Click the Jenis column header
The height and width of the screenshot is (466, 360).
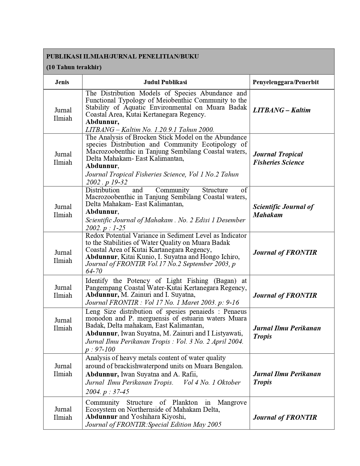pos(62,82)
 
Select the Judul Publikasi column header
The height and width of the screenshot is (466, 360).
pos(165,82)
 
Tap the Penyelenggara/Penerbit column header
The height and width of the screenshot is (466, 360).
pos(285,82)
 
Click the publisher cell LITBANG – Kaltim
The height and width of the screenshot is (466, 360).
pos(282,110)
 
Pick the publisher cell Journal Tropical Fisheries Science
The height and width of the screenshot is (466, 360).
pos(278,158)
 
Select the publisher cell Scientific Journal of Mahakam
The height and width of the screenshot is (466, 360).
pos(283,211)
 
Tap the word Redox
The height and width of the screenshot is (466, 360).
pos(94,236)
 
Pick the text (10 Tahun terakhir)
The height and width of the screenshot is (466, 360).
pos(74,67)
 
